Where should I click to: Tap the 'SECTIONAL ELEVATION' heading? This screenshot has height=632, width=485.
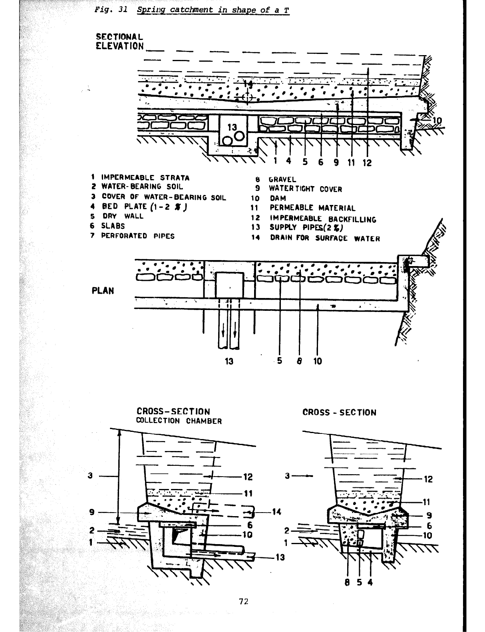(x=119, y=41)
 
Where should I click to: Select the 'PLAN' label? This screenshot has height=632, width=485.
(x=103, y=290)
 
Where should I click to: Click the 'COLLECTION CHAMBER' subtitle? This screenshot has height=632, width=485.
(x=179, y=421)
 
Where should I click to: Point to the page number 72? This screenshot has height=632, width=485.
(x=244, y=601)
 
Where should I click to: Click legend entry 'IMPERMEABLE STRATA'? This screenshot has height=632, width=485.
(x=145, y=177)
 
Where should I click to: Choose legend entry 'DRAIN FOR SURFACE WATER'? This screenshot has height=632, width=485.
(x=325, y=238)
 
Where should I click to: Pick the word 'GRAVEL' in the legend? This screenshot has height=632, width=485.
(x=283, y=180)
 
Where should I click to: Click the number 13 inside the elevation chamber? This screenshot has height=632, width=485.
(x=232, y=127)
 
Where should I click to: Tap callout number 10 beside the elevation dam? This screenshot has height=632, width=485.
(x=437, y=121)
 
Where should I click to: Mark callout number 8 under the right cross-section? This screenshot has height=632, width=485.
(x=348, y=582)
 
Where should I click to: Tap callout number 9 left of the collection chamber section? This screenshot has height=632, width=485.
(x=91, y=512)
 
